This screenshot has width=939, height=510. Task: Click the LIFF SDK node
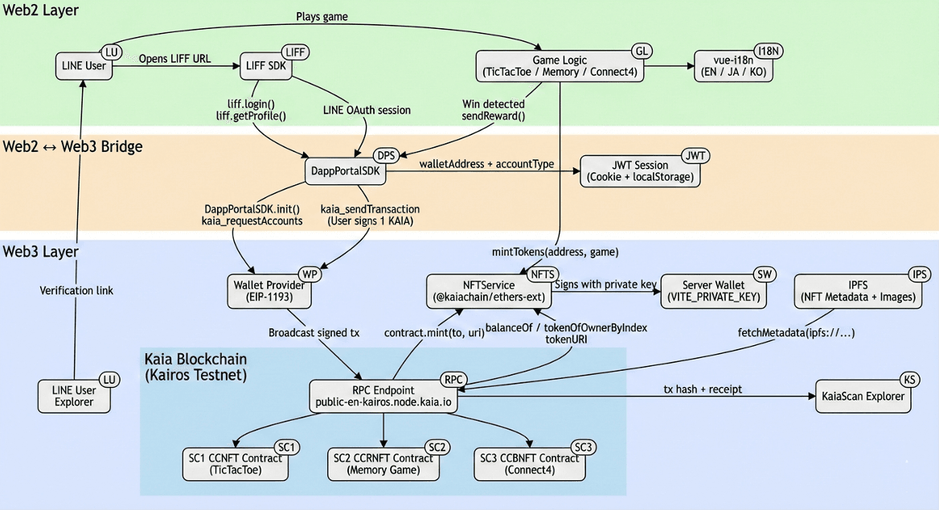click(265, 66)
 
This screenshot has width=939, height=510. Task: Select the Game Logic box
click(560, 66)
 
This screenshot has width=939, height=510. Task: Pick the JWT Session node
click(640, 171)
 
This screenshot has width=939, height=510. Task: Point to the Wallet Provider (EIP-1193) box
click(269, 291)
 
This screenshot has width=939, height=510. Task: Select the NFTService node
click(490, 291)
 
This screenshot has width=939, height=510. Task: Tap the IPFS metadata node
click(858, 291)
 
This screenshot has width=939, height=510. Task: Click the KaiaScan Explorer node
click(863, 396)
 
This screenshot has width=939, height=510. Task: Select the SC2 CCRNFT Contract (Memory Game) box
click(383, 464)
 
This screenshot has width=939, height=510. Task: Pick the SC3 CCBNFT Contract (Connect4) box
click(529, 464)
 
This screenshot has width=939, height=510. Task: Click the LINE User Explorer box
click(73, 396)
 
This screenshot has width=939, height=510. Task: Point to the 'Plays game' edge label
click(322, 16)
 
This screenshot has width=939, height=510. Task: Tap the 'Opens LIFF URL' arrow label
click(175, 59)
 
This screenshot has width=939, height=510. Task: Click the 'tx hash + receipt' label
click(702, 389)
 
